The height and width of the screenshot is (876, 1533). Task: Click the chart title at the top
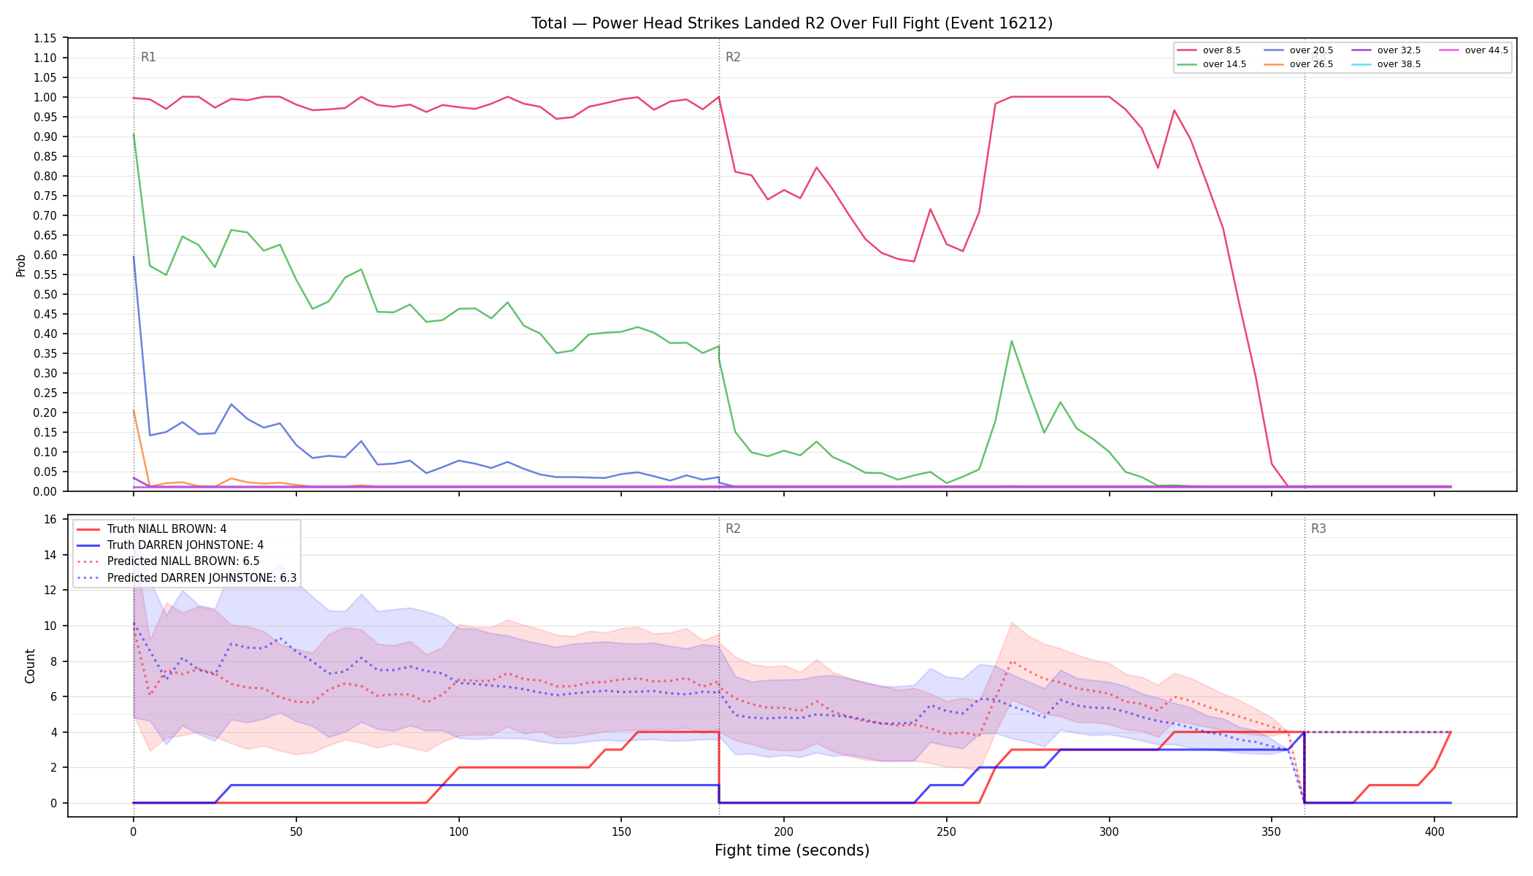click(792, 23)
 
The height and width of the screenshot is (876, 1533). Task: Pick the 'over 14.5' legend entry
click(1212, 64)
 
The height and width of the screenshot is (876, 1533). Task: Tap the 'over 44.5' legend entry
click(1474, 50)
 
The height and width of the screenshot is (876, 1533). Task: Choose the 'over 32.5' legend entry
click(1386, 50)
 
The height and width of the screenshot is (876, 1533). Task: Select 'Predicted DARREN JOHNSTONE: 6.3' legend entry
click(186, 578)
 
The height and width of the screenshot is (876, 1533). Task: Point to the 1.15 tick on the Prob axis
click(45, 38)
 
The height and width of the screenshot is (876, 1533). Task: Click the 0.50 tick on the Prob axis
click(45, 294)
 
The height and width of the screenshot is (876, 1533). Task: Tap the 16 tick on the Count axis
click(50, 520)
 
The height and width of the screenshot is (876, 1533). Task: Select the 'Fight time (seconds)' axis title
click(792, 850)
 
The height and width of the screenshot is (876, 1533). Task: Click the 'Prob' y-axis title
click(21, 265)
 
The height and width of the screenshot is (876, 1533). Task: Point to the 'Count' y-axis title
click(30, 666)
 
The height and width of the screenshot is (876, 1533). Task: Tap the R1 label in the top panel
click(148, 57)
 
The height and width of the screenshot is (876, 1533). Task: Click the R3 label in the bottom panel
click(1318, 529)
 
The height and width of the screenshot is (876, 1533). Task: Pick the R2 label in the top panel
click(733, 57)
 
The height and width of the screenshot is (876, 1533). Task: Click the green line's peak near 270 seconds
click(1011, 341)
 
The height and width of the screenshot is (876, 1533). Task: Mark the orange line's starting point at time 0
click(134, 410)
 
